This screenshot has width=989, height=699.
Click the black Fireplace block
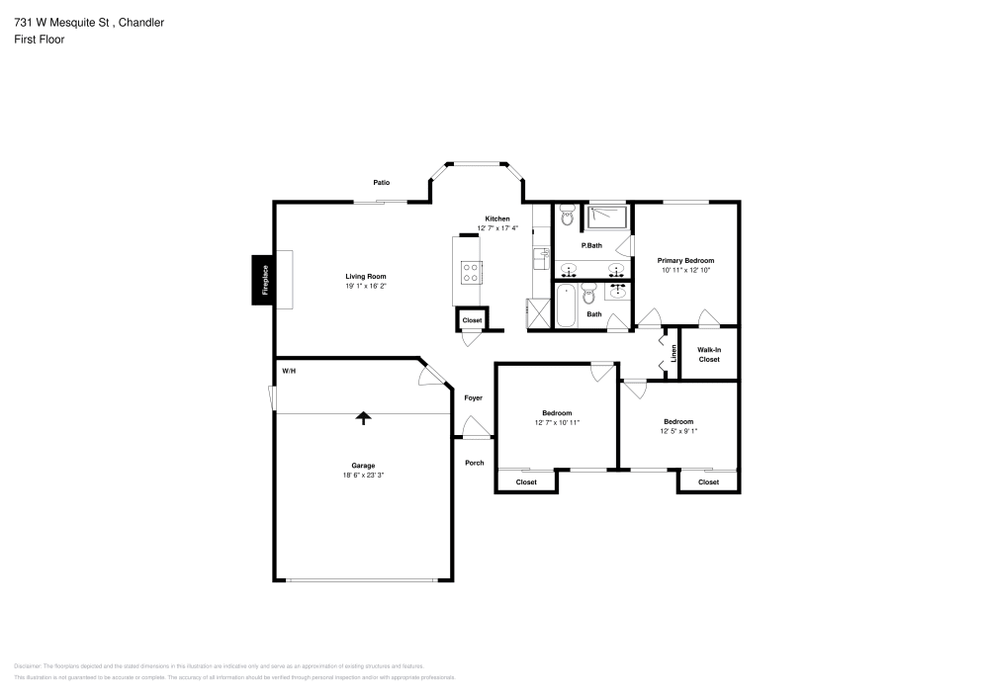[264, 279]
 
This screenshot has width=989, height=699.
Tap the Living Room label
[365, 277]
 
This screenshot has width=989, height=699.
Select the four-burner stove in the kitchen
[472, 272]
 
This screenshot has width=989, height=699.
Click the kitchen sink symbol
[541, 258]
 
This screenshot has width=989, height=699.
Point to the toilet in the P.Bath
[567, 215]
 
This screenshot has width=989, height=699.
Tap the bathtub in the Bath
[567, 306]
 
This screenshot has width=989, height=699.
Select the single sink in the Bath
[620, 290]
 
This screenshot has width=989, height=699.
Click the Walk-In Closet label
[709, 354]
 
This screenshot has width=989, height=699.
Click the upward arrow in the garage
[363, 418]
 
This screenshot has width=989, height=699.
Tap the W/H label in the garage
[289, 372]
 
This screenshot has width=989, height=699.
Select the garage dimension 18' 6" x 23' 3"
[363, 476]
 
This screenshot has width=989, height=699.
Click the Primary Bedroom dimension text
[685, 270]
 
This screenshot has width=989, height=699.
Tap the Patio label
[381, 182]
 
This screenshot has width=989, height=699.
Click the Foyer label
[473, 397]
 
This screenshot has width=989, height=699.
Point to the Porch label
[475, 462]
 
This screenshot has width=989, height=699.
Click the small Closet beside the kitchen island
[472, 320]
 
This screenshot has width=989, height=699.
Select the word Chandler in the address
[137, 22]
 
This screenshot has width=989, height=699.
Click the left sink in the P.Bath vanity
[569, 269]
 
